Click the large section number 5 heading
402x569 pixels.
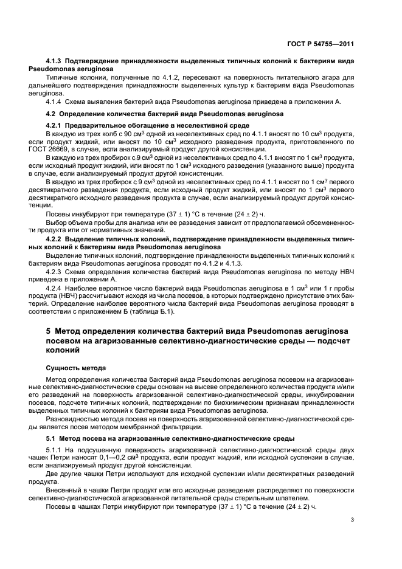(x=49, y=331)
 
